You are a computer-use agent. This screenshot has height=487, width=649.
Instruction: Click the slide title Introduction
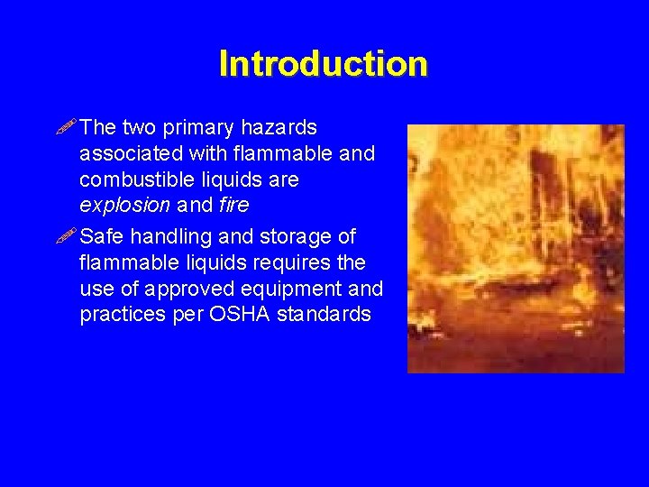(323, 64)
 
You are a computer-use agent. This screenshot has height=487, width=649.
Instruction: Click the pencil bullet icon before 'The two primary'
(67, 128)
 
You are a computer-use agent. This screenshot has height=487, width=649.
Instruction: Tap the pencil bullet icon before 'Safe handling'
(67, 236)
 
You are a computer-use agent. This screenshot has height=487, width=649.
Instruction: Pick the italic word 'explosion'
(124, 206)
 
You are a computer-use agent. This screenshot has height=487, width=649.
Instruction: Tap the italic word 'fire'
(233, 206)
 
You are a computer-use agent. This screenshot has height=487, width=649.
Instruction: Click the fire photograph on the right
(516, 249)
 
